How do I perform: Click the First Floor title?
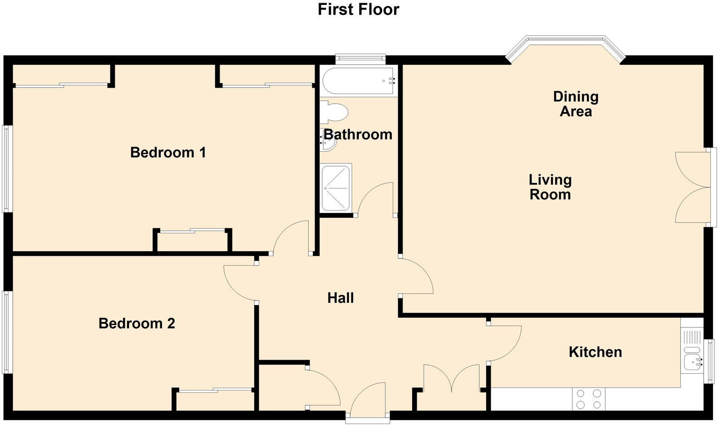tap(358, 10)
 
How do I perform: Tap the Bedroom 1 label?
tap(168, 152)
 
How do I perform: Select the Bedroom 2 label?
tap(137, 323)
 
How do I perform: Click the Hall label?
tap(340, 298)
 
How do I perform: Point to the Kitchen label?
tap(595, 352)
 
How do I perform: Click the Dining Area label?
tap(576, 104)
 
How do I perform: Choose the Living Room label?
tap(550, 187)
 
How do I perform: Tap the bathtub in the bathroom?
tap(358, 81)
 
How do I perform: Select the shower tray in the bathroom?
tap(336, 188)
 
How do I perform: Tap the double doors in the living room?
tap(692, 187)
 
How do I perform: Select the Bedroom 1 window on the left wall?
tap(6, 168)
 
